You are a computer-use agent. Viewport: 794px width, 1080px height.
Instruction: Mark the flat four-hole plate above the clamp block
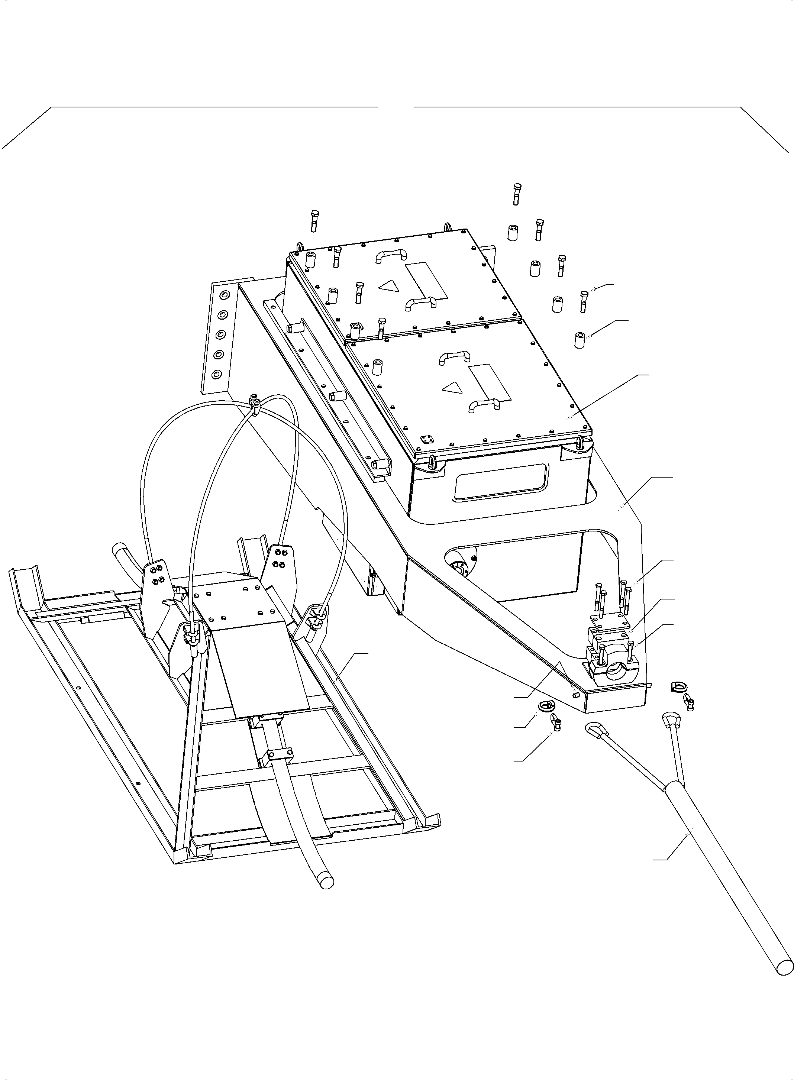pyautogui.click(x=609, y=622)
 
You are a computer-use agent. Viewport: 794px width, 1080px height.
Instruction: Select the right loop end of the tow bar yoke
pyautogui.click(x=669, y=720)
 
